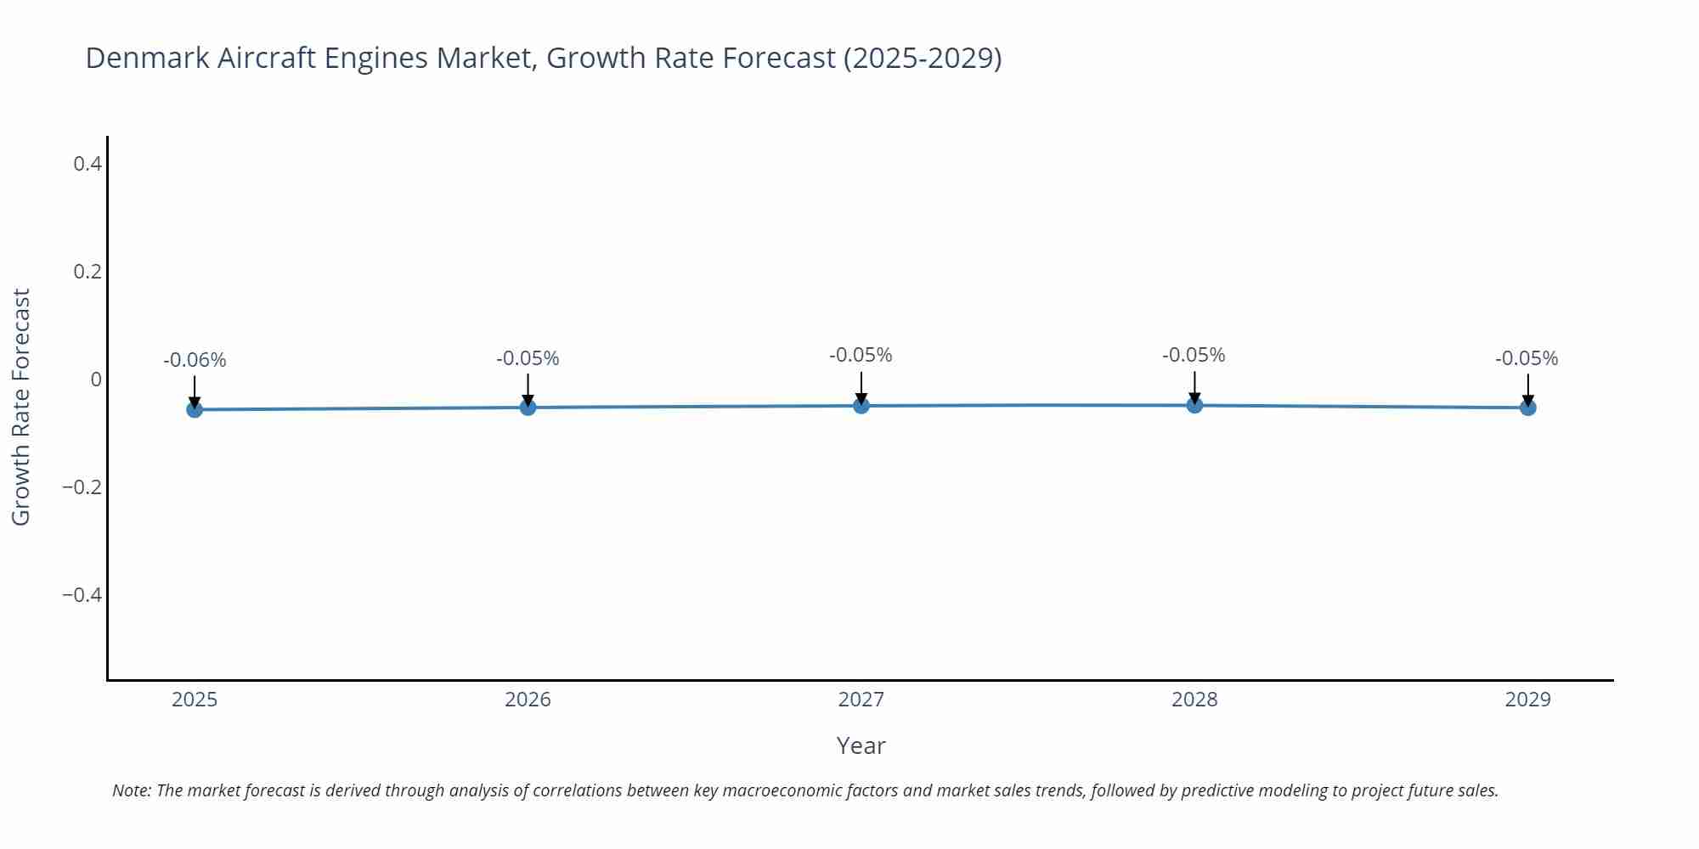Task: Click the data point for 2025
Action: [195, 409]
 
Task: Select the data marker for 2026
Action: [528, 408]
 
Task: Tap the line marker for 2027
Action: [861, 406]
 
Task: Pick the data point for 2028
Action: [1194, 405]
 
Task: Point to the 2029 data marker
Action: [1527, 408]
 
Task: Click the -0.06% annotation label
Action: [195, 360]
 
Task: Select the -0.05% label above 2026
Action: [528, 358]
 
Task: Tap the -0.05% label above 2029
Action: [1527, 358]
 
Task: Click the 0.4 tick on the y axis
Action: [87, 163]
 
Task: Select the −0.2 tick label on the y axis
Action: [82, 487]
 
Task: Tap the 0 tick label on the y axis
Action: [96, 380]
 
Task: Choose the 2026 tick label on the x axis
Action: [528, 700]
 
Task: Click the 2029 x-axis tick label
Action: [1527, 700]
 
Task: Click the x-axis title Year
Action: [861, 745]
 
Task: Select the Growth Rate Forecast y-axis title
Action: [21, 407]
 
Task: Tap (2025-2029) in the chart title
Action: [923, 58]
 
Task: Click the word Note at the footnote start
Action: [130, 790]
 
